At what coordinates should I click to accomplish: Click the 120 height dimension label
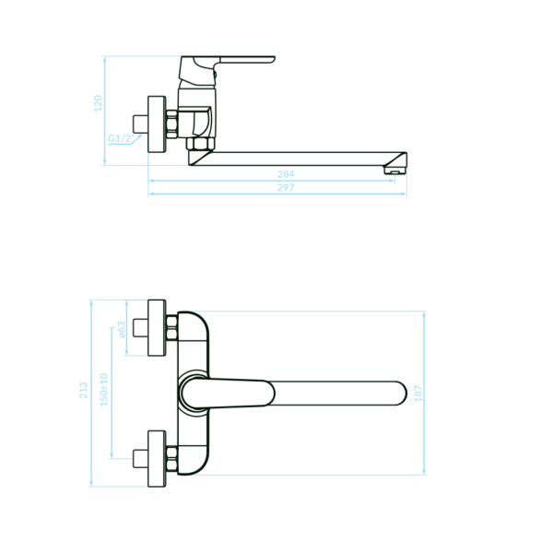[98, 103]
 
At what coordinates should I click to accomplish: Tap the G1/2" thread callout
[121, 138]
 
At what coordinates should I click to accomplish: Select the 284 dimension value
[286, 174]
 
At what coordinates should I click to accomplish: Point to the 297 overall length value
[286, 188]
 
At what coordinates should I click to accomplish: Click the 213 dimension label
[83, 391]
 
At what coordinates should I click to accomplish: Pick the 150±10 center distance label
[103, 390]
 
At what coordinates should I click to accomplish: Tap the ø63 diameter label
[122, 329]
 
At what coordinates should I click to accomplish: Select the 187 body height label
[418, 394]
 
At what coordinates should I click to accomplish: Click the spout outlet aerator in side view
[394, 171]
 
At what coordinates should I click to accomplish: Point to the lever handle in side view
[247, 60]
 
